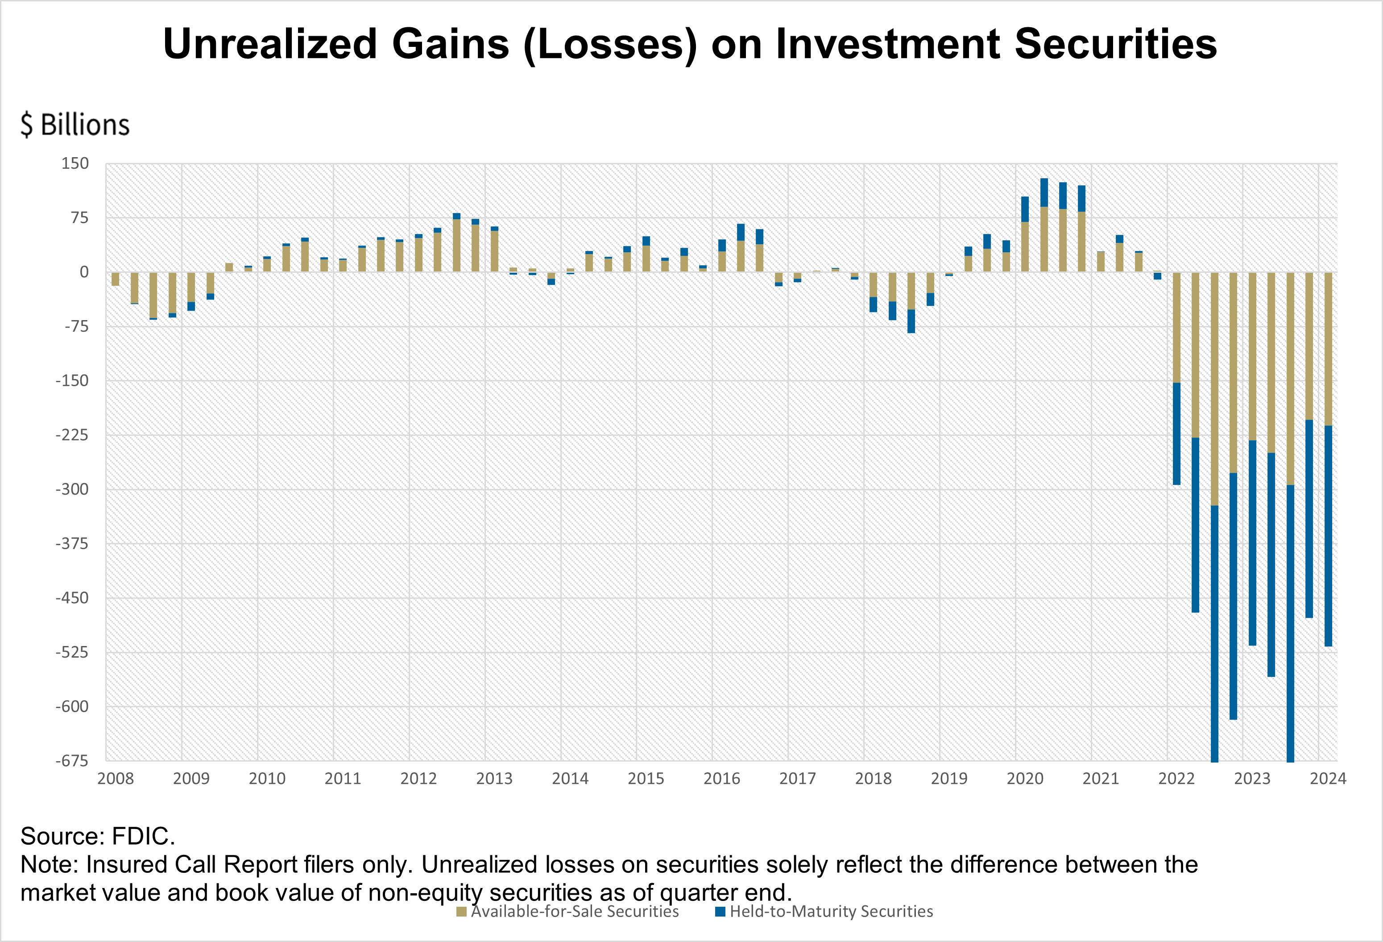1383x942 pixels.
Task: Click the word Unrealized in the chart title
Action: pos(270,44)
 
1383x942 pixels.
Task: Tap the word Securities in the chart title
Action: pos(1116,44)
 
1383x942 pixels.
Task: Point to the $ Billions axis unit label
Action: pos(75,125)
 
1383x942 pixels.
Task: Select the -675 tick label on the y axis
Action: pos(72,761)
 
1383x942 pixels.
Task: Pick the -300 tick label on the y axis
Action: pos(72,489)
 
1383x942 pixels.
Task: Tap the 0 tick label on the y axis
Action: pos(84,272)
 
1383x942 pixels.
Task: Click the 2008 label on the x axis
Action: pos(116,779)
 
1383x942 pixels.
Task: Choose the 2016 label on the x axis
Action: pos(722,779)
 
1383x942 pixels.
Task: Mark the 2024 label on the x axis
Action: pos(1328,779)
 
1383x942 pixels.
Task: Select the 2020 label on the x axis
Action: pos(1025,779)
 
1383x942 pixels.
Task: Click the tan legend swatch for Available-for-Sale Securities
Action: pos(461,912)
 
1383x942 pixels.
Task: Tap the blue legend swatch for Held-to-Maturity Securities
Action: pos(720,912)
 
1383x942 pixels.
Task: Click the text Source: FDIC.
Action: pos(98,837)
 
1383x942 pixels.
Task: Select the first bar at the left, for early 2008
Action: pos(116,279)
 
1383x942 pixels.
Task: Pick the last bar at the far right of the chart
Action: pos(1328,459)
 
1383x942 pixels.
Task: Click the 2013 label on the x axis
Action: pos(494,779)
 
